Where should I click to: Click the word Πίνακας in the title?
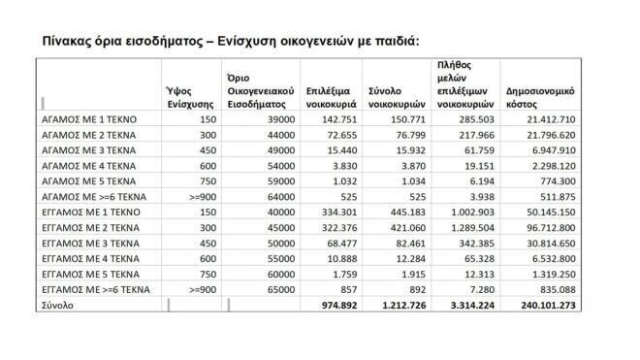click(69, 42)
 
